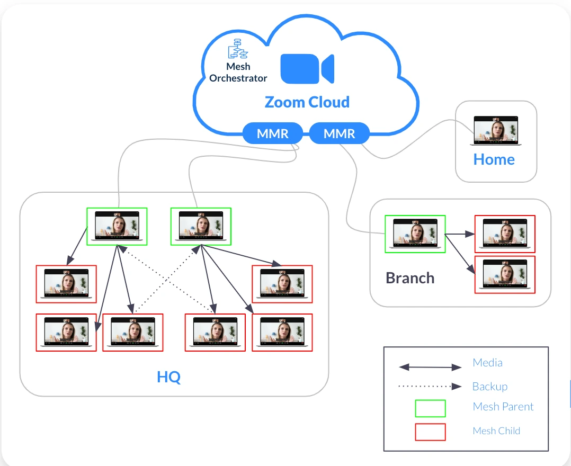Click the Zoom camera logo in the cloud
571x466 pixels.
tap(307, 68)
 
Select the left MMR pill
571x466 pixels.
tap(273, 133)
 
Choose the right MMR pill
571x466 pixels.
tap(339, 133)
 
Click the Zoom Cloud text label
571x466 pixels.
tap(307, 102)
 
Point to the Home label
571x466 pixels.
tap(494, 159)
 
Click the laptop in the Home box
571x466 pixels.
tap(496, 131)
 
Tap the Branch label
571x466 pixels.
tap(410, 278)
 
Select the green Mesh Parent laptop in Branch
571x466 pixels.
tap(415, 234)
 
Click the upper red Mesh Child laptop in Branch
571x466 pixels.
tap(505, 234)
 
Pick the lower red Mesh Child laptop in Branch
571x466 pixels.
tap(505, 274)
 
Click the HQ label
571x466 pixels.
tap(168, 378)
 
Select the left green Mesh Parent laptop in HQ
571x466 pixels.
tap(117, 226)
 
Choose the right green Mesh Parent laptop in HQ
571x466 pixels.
tap(201, 226)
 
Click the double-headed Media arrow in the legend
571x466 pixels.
tap(430, 366)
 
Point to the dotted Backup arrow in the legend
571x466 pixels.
tap(430, 386)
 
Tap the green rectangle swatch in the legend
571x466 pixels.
tap(430, 408)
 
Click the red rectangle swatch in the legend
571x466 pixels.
tap(430, 432)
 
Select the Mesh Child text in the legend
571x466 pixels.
tap(496, 431)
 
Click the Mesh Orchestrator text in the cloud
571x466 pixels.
tap(238, 73)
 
